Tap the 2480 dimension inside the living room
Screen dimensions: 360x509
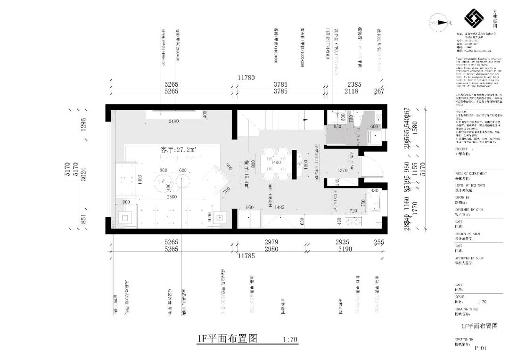(x=174, y=122)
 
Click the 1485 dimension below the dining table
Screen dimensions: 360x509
(x=280, y=207)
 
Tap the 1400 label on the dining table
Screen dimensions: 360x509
(x=276, y=162)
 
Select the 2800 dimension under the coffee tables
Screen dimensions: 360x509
(x=172, y=196)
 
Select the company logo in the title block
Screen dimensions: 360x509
(x=474, y=19)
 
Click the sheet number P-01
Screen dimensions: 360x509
(x=480, y=349)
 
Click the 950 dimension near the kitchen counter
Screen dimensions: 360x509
(x=250, y=207)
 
